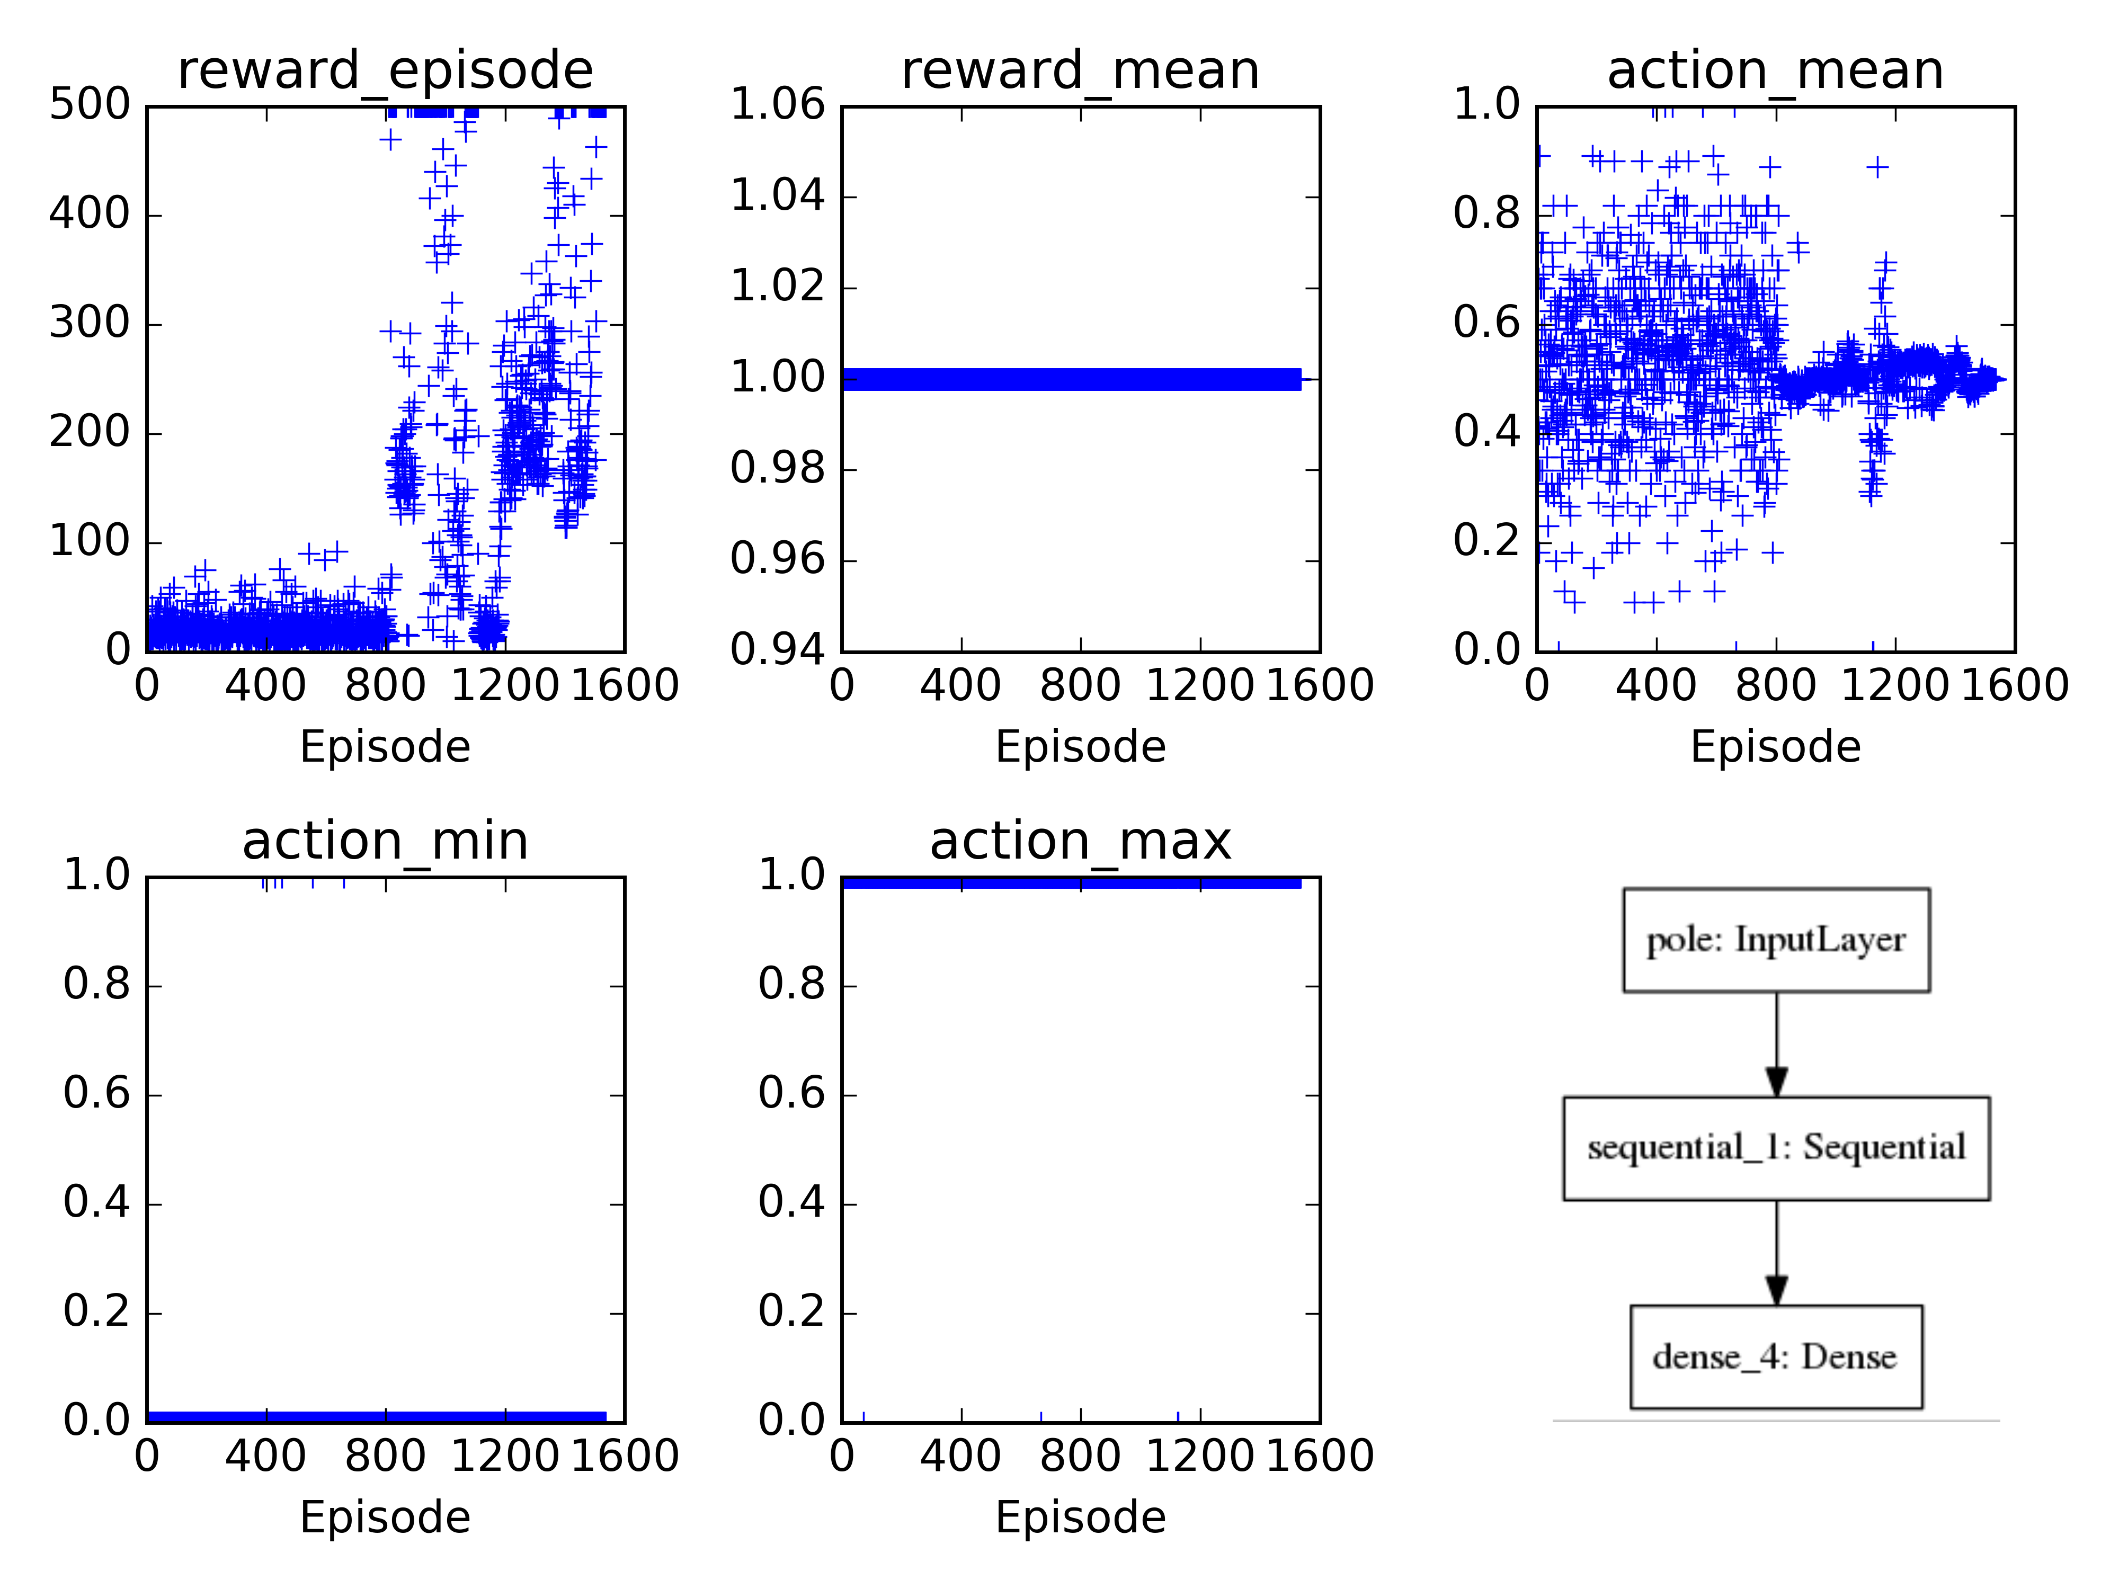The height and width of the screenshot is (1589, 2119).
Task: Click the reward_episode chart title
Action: (x=385, y=71)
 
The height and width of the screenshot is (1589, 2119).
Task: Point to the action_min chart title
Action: (x=385, y=842)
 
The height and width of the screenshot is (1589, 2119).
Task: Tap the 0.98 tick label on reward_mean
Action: (x=777, y=468)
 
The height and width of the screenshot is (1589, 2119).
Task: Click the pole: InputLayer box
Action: (x=1776, y=940)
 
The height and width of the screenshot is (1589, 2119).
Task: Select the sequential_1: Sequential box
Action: (x=1776, y=1147)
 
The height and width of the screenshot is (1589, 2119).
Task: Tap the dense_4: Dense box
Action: (x=1776, y=1356)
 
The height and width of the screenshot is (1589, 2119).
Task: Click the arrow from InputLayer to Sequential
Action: (x=1776, y=1044)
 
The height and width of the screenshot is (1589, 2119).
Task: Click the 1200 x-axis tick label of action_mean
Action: (x=1895, y=686)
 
